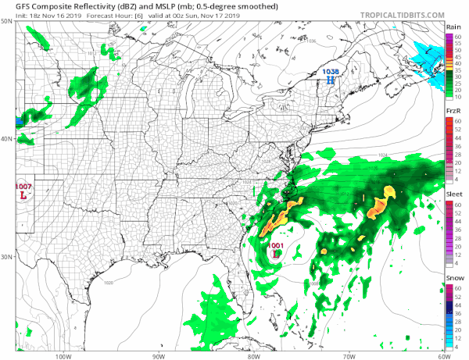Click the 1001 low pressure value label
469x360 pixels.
point(276,246)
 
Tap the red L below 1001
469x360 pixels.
point(277,254)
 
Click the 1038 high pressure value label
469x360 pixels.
point(331,72)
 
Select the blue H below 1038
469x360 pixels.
point(331,80)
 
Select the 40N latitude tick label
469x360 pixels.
point(6,139)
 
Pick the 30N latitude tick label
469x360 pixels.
point(6,257)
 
